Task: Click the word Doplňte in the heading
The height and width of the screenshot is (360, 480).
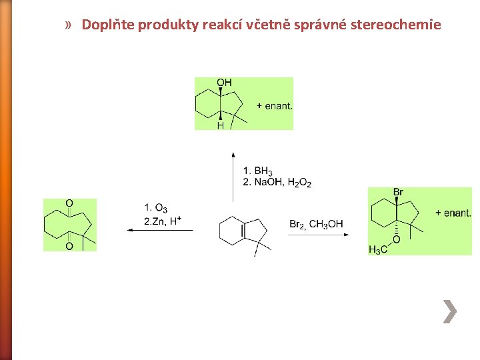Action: pos(104,25)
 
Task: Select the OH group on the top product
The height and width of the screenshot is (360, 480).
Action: pos(224,83)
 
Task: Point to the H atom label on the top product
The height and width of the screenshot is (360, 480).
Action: pos(220,125)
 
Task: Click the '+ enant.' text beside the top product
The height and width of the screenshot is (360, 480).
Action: pos(275,105)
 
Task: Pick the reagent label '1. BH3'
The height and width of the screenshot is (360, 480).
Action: pos(258,171)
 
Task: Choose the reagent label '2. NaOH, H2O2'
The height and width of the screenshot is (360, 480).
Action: pos(277,182)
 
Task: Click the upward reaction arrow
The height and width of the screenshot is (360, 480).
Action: pos(233,177)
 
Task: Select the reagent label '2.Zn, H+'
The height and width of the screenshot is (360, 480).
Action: pos(163,221)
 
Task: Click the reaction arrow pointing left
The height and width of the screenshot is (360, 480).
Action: pos(160,230)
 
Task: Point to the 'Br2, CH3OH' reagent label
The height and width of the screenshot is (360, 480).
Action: pos(316,224)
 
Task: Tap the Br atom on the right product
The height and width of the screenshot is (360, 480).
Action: pos(398,193)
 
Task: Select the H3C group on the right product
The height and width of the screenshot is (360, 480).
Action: pos(377,249)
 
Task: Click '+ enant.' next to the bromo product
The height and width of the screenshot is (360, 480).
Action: pos(453,213)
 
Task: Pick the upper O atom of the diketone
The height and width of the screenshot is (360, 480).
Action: pos(69,203)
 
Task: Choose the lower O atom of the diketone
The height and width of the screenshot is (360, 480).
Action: pos(69,246)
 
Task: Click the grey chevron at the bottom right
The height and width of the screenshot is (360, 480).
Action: pos(451,311)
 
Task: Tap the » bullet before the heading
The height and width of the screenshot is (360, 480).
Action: pos(69,25)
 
